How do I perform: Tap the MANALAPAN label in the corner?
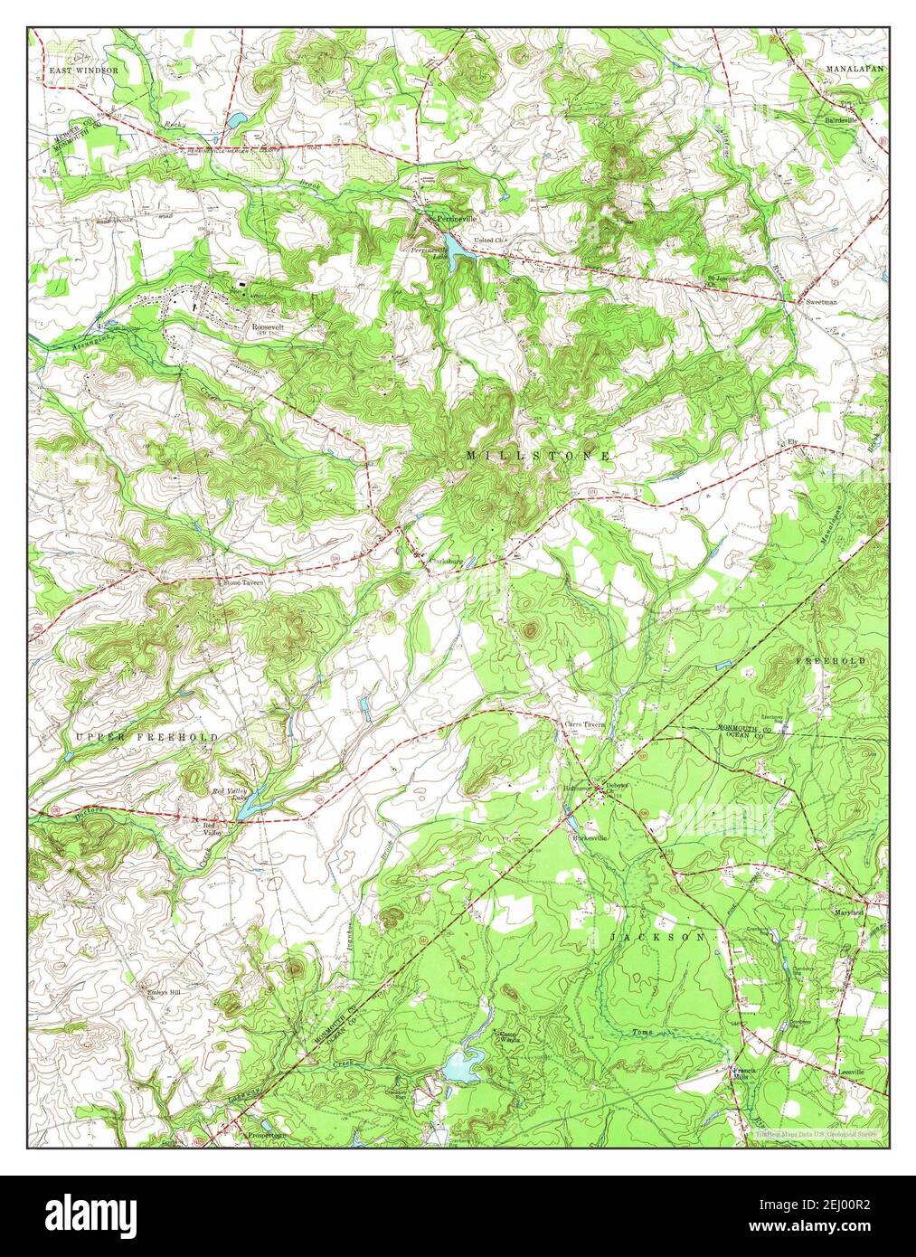coord(854,69)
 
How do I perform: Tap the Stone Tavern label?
coord(244,583)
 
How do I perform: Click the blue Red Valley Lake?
coord(252,799)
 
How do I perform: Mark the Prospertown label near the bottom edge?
coord(266,1133)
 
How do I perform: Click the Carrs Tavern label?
coord(583,724)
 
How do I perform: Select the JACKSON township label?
coord(657,938)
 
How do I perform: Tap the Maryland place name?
coord(848,913)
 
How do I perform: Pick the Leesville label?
coord(849,1072)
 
